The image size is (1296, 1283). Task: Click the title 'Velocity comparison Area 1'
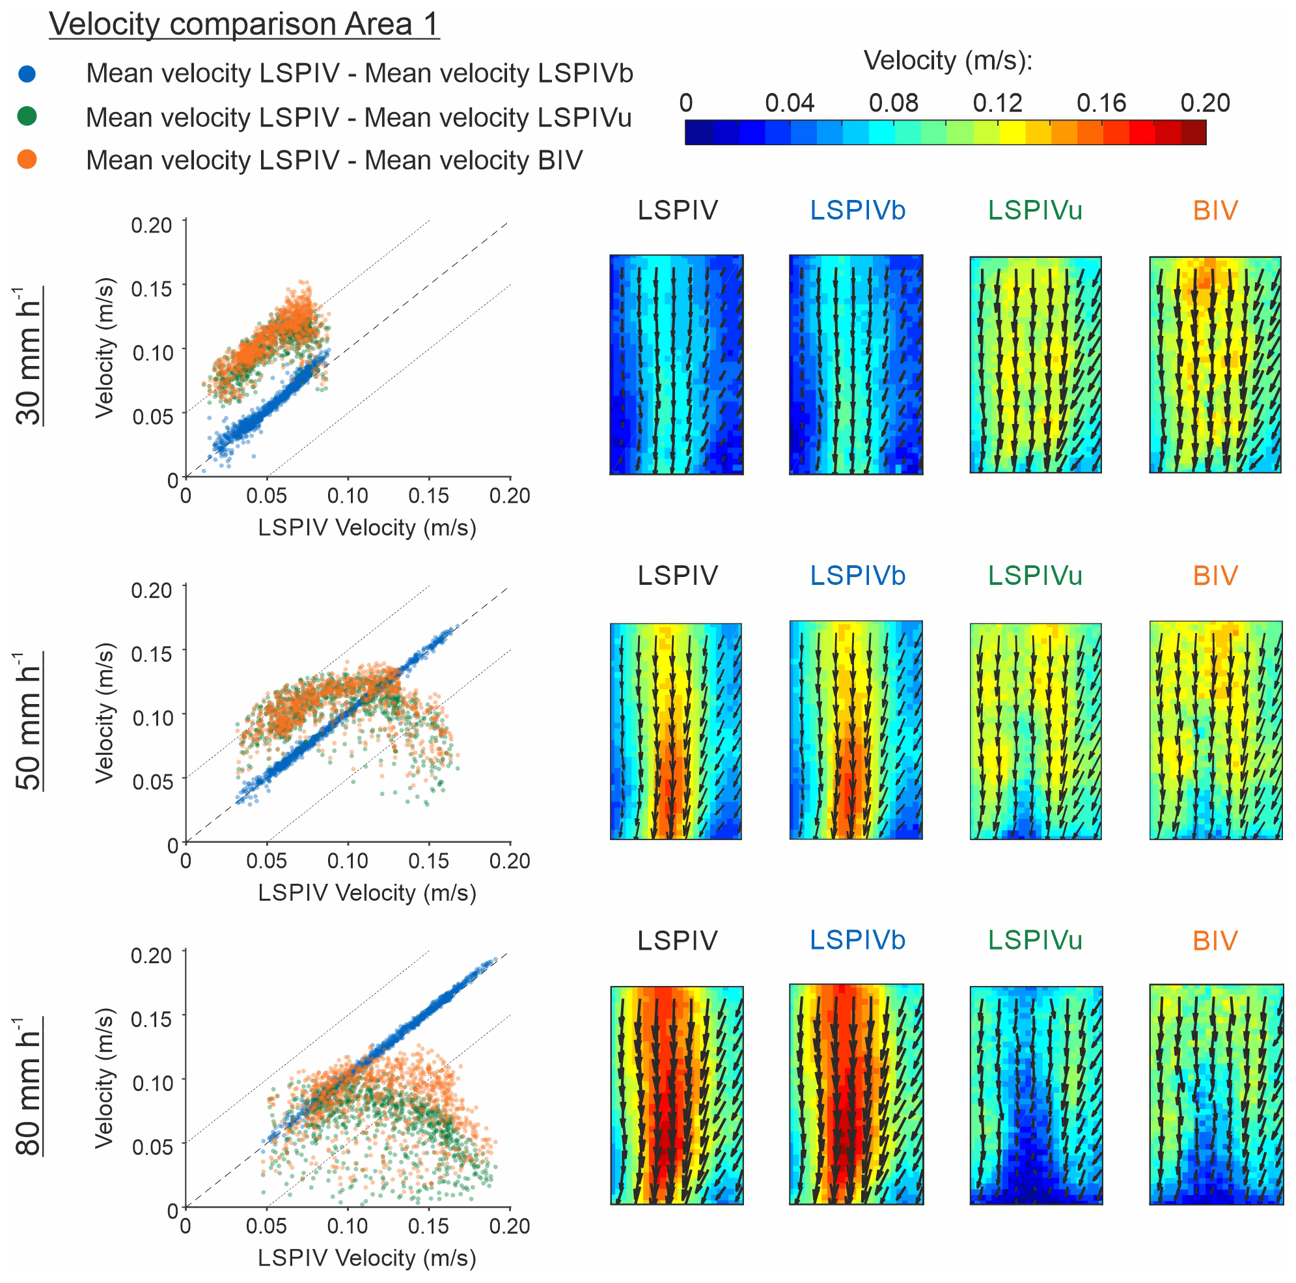click(244, 24)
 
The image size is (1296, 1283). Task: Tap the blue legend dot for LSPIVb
click(27, 73)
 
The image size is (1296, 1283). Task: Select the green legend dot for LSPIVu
click(27, 117)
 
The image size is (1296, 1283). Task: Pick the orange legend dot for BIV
click(27, 160)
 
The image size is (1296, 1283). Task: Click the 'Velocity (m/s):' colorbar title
click(947, 61)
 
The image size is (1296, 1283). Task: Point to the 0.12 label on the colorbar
click(997, 104)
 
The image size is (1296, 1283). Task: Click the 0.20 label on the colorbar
click(1205, 104)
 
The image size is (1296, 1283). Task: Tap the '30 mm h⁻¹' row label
click(28, 356)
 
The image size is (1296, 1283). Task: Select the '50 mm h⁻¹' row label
click(28, 721)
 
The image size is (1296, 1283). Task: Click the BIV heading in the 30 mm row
click(1215, 211)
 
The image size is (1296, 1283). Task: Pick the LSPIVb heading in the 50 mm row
click(857, 576)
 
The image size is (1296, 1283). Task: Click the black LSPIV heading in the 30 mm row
click(678, 211)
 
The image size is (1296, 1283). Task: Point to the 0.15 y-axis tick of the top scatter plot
click(152, 289)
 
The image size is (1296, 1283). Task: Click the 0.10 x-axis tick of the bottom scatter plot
click(348, 1226)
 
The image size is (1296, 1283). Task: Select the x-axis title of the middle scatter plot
click(367, 893)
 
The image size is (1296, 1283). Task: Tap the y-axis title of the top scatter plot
click(105, 348)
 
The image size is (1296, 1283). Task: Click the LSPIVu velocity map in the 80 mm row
click(1036, 1095)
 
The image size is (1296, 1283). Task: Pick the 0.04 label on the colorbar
click(790, 104)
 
